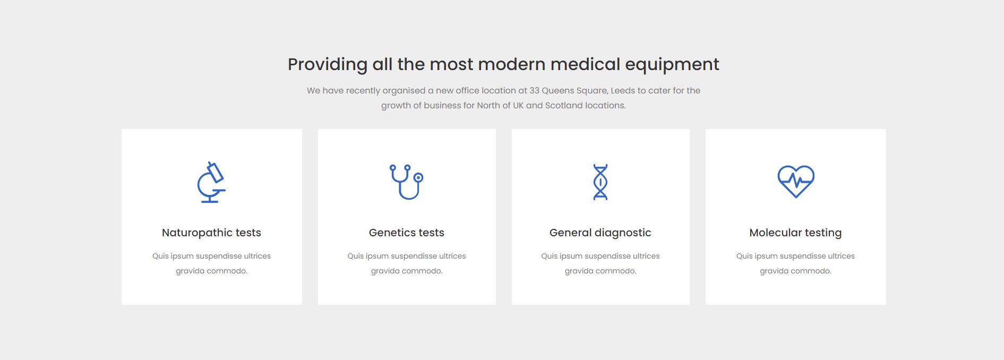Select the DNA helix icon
click(x=600, y=182)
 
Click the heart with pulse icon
click(x=796, y=181)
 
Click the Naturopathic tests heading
click(x=211, y=233)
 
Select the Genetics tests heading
click(x=407, y=233)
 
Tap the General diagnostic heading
click(x=600, y=233)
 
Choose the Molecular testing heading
click(x=795, y=233)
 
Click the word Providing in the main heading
click(x=328, y=64)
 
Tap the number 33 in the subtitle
click(x=534, y=90)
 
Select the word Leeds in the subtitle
click(x=623, y=90)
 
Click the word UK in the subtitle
click(x=518, y=105)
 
